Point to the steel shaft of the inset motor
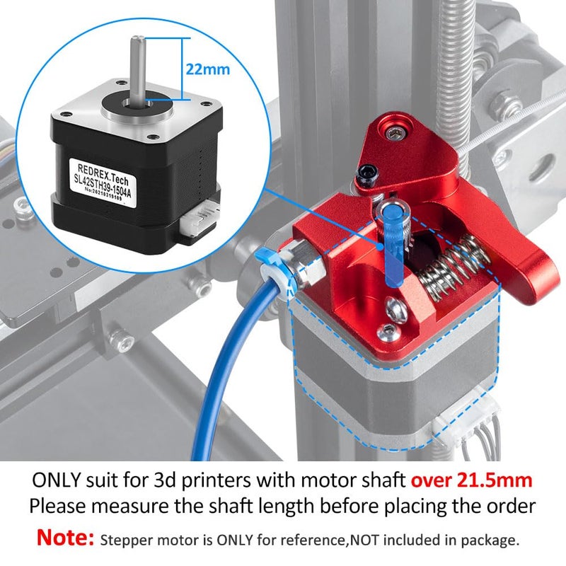tap(135, 67)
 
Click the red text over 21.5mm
tap(472, 480)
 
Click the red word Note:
tap(65, 538)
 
